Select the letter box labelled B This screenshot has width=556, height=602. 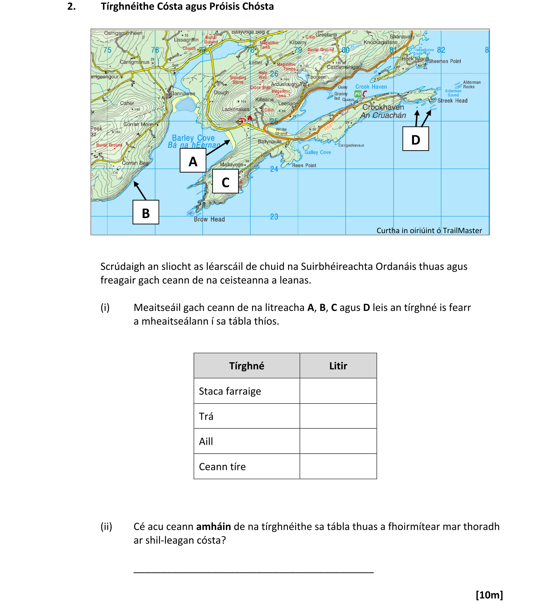tap(146, 213)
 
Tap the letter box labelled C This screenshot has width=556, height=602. tap(225, 182)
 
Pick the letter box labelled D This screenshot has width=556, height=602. tap(415, 139)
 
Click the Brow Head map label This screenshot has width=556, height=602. tap(209, 219)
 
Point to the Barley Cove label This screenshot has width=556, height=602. tap(193, 138)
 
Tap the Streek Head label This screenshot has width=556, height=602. tap(452, 101)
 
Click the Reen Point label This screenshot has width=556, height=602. tap(304, 165)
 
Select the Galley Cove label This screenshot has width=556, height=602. tap(317, 152)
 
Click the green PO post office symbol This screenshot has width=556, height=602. tap(358, 94)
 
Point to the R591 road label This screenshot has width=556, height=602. tap(329, 127)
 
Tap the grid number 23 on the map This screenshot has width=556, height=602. tap(274, 217)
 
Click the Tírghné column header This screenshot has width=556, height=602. tap(246, 366)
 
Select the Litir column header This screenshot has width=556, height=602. tap(338, 366)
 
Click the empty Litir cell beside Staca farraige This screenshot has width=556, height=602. tap(338, 391)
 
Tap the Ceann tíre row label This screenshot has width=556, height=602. tap(222, 466)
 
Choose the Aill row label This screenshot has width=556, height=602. tap(206, 441)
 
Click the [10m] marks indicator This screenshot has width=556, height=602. tap(489, 595)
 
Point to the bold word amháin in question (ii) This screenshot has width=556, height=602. tap(213, 527)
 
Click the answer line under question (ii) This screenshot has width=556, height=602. tap(253, 571)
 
